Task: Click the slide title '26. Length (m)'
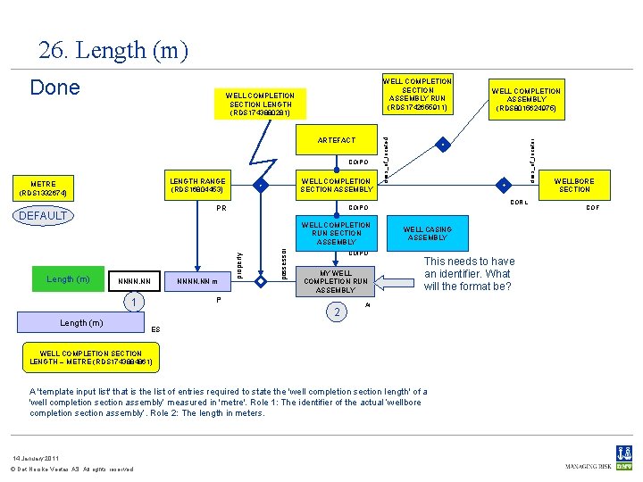point(113,51)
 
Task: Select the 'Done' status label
point(54,87)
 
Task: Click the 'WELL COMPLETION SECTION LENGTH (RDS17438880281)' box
point(260,104)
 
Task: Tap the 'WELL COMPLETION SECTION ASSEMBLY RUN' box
point(417,95)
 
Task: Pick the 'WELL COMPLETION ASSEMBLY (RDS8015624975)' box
point(526,99)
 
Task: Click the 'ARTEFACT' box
point(336,140)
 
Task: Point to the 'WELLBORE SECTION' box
point(574,185)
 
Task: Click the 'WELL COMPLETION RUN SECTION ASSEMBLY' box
point(336,233)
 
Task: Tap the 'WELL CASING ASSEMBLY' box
point(427,234)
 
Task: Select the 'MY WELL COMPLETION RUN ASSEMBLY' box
point(336,281)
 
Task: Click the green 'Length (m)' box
point(67,279)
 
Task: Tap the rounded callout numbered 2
point(336,312)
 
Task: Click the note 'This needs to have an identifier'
point(469,274)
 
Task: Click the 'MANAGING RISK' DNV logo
point(598,460)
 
